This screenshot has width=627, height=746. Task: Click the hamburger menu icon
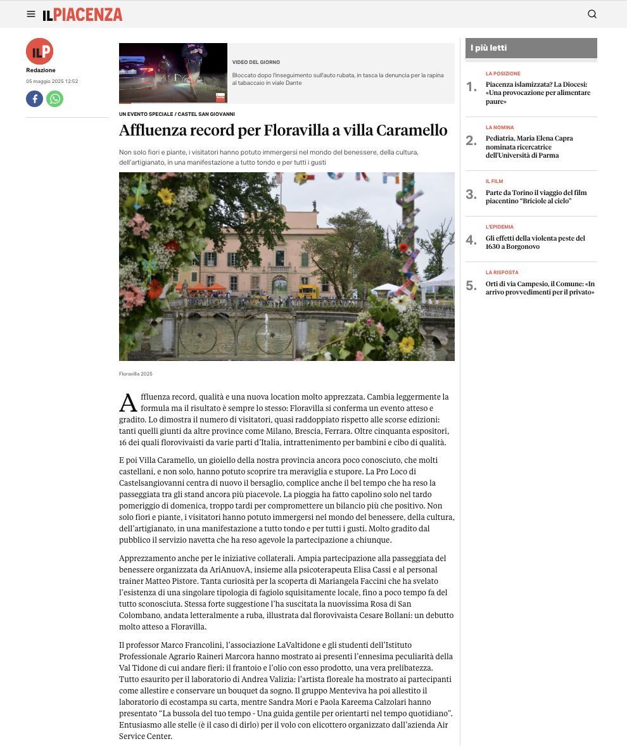click(31, 14)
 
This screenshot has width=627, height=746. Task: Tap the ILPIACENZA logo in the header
click(82, 15)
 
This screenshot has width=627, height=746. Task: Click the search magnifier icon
click(592, 14)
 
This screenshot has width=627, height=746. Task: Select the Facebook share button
click(34, 99)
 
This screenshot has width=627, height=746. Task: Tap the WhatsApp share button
click(55, 99)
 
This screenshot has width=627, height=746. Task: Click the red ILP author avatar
click(39, 51)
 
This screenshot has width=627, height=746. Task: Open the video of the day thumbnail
click(173, 73)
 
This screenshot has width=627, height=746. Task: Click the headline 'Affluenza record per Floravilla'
click(283, 130)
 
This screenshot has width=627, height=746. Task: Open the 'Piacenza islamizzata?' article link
click(538, 92)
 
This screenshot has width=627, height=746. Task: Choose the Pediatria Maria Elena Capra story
click(529, 146)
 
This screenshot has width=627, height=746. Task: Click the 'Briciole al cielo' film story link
click(536, 196)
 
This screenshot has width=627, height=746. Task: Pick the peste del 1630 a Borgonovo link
click(535, 242)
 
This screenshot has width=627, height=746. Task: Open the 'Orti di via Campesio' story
click(540, 288)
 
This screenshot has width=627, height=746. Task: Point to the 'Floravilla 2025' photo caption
click(136, 374)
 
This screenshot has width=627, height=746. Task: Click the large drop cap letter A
click(128, 403)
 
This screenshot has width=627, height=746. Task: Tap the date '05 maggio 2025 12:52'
click(52, 81)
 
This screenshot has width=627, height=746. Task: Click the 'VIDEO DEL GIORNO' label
click(256, 62)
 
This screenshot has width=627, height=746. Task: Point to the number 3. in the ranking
click(471, 194)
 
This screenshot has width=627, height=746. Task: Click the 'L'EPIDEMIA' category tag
click(500, 227)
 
